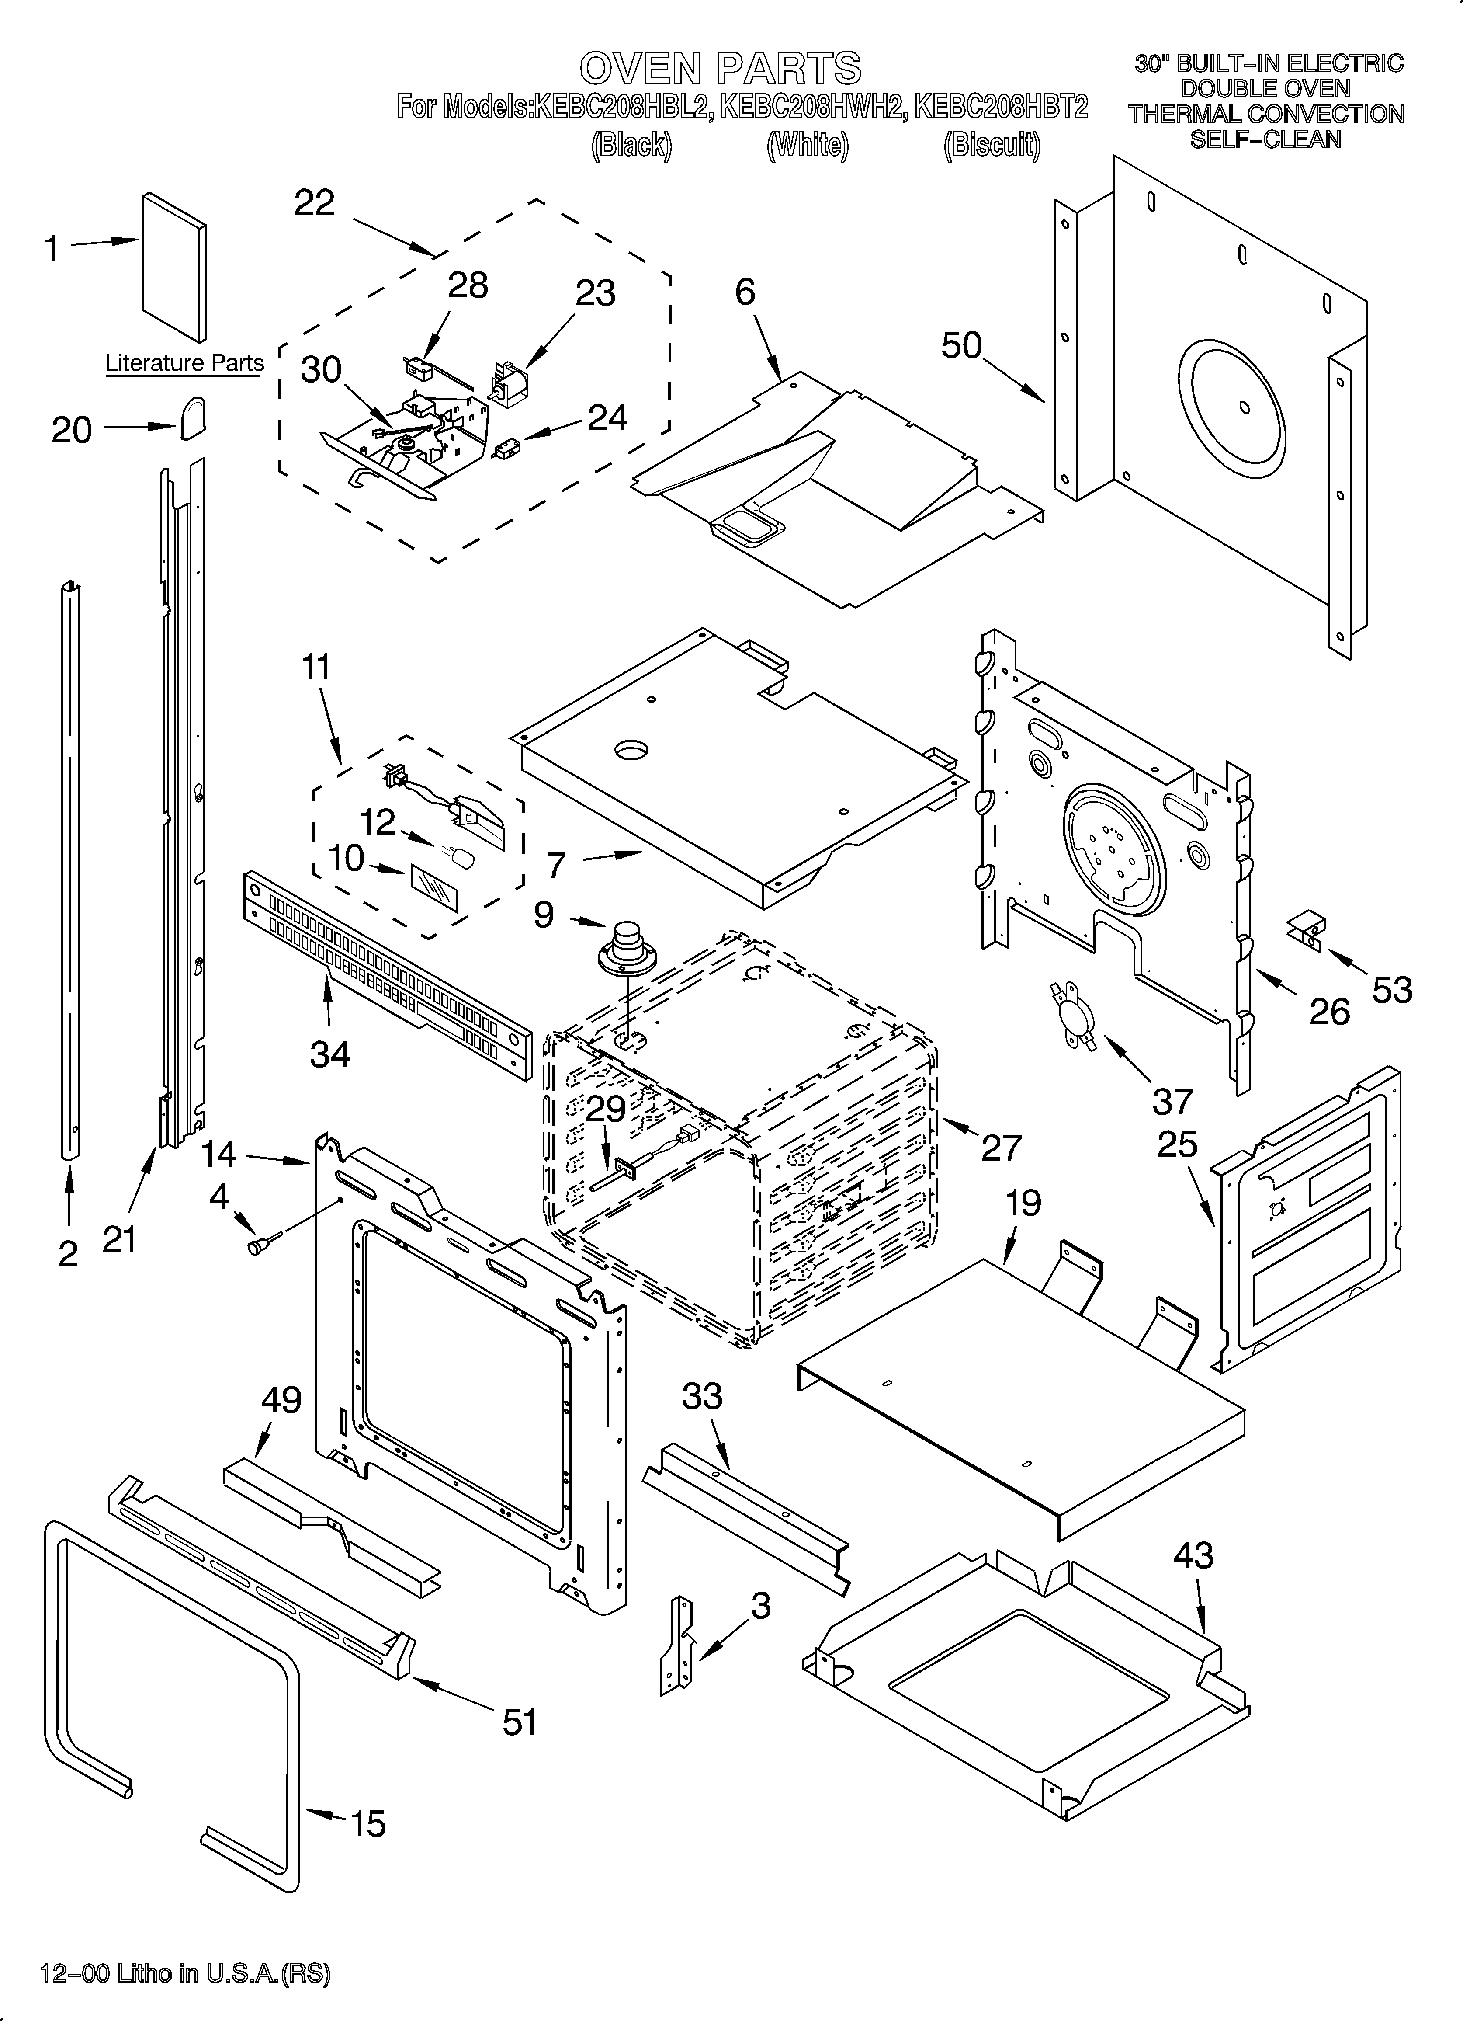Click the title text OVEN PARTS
coord(720,69)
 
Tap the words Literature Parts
coord(184,364)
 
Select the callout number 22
coord(315,203)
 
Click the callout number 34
coord(329,1054)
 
